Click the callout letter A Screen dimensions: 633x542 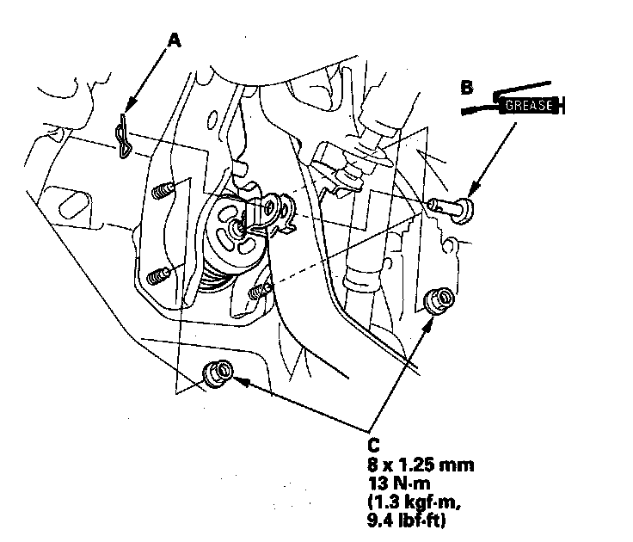pyautogui.click(x=174, y=40)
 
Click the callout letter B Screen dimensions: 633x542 pyautogui.click(x=467, y=88)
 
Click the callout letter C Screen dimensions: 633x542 pyautogui.click(x=374, y=446)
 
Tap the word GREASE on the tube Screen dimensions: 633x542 pyautogui.click(x=529, y=106)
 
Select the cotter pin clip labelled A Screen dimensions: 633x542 pyautogui.click(x=123, y=136)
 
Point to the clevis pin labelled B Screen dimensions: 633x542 pyautogui.click(x=452, y=209)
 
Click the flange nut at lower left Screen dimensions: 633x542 pyautogui.click(x=218, y=374)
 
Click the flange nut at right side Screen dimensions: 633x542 pyautogui.click(x=439, y=300)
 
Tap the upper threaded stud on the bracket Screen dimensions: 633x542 pyautogui.click(x=163, y=190)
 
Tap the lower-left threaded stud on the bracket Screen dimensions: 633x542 pyautogui.click(x=158, y=276)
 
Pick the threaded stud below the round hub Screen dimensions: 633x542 pyautogui.click(x=259, y=292)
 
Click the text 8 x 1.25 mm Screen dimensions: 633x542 pyautogui.click(x=421, y=465)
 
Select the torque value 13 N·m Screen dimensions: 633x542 pyautogui.click(x=399, y=483)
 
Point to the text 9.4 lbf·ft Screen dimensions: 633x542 pyautogui.click(x=407, y=520)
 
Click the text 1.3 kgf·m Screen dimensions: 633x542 pyautogui.click(x=415, y=502)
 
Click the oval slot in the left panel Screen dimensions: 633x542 pyautogui.click(x=74, y=205)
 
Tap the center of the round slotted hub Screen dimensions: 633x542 pyautogui.click(x=237, y=229)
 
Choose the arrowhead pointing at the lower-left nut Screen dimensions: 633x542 pyautogui.click(x=240, y=380)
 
